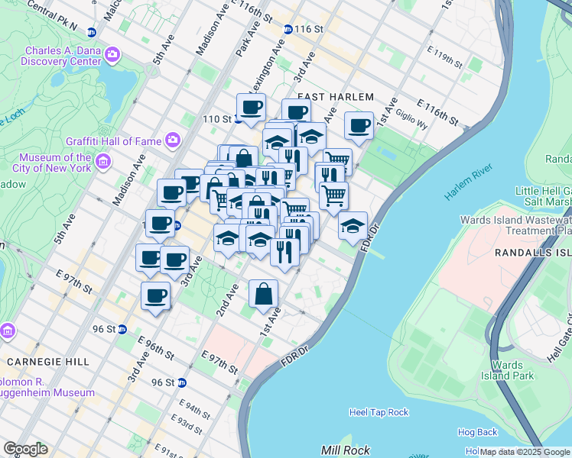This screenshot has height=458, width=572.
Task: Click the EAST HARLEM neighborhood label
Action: [335, 97]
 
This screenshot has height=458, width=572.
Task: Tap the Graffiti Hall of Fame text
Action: [113, 140]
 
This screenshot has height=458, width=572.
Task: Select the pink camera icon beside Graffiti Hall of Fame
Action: [172, 140]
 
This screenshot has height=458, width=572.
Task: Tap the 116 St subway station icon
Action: [288, 29]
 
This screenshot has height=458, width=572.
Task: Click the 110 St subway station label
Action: [216, 119]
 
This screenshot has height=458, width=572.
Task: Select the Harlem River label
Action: [467, 187]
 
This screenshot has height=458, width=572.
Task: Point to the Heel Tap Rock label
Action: [379, 412]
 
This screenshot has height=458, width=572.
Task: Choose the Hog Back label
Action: [477, 432]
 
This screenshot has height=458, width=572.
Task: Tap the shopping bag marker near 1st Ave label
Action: [263, 295]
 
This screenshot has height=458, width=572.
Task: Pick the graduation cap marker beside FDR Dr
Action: [353, 226]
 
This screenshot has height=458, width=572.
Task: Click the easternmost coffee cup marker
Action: [358, 126]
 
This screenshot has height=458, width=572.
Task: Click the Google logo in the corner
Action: [24, 449]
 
